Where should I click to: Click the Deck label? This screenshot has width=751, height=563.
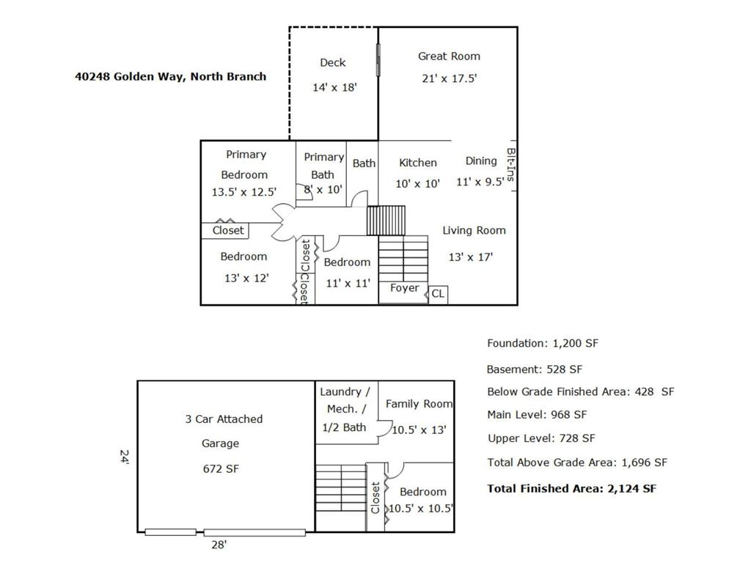click(x=333, y=63)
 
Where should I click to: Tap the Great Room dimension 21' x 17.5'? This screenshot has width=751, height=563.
click(x=450, y=78)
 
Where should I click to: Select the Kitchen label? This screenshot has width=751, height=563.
click(x=417, y=163)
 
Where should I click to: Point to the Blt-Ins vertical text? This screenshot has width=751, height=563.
click(x=511, y=165)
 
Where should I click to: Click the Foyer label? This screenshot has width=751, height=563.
click(x=404, y=288)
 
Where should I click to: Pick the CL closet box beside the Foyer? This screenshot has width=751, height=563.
click(x=438, y=294)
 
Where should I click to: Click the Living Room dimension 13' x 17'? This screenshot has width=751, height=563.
click(x=470, y=257)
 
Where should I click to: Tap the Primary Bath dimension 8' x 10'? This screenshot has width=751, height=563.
click(x=323, y=190)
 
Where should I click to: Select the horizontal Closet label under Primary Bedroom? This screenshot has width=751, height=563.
click(x=228, y=230)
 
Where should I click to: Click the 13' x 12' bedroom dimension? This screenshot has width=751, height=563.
click(x=246, y=278)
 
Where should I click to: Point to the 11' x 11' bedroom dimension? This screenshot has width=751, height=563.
click(x=348, y=284)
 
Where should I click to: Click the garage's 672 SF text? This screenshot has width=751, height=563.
click(x=221, y=469)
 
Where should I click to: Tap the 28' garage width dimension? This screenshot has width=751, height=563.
click(x=219, y=545)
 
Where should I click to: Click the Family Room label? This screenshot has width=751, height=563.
click(x=419, y=404)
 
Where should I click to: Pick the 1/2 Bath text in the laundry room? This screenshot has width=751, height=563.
click(x=344, y=427)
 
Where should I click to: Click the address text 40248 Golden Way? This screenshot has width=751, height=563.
click(x=129, y=76)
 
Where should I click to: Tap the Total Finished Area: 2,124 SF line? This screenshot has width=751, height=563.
click(x=572, y=489)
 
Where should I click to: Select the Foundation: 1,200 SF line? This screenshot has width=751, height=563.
click(x=543, y=343)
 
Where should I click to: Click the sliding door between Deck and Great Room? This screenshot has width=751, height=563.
click(x=378, y=60)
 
